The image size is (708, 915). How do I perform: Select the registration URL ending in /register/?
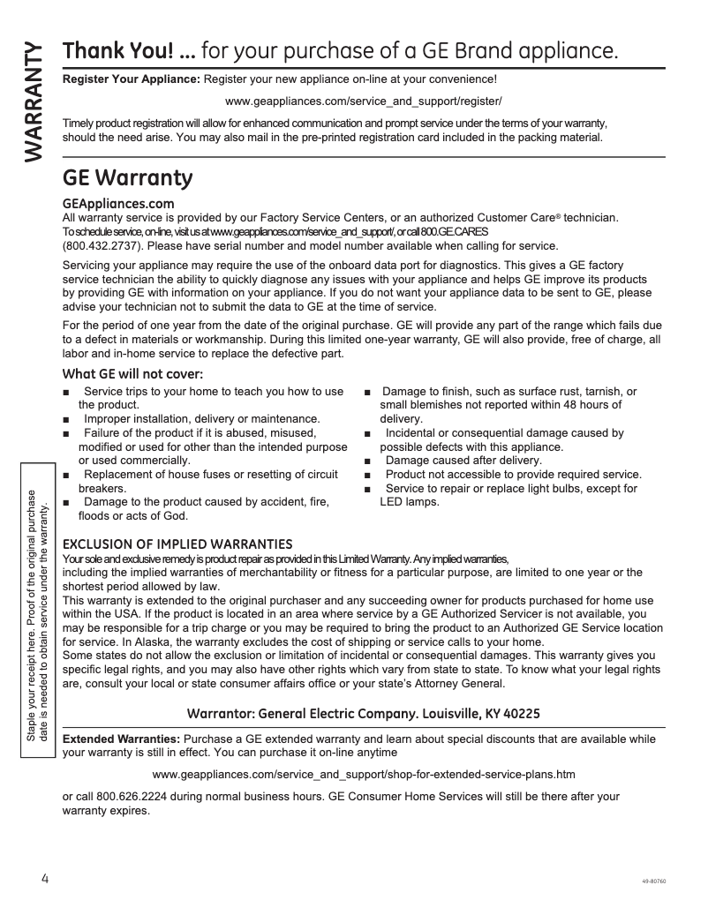(x=364, y=101)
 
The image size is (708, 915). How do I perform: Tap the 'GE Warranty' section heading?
(x=128, y=178)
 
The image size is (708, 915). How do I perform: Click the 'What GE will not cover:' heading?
(x=132, y=374)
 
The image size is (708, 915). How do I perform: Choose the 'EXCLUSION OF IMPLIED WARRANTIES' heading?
(x=177, y=544)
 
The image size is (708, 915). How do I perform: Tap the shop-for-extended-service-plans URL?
(x=364, y=775)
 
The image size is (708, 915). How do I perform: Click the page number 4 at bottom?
(x=44, y=880)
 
